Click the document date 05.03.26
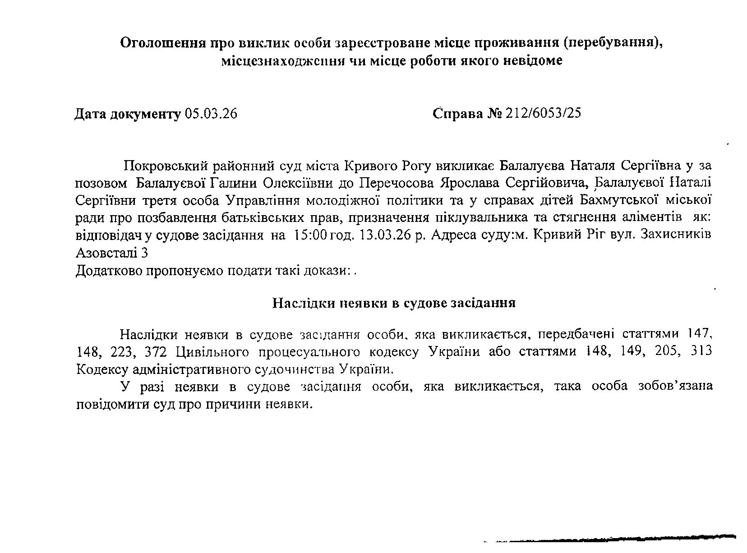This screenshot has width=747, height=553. coord(211,114)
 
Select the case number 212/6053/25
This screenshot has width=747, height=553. coord(544,113)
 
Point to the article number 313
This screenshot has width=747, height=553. coord(701,351)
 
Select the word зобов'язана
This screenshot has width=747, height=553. coord(675,387)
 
